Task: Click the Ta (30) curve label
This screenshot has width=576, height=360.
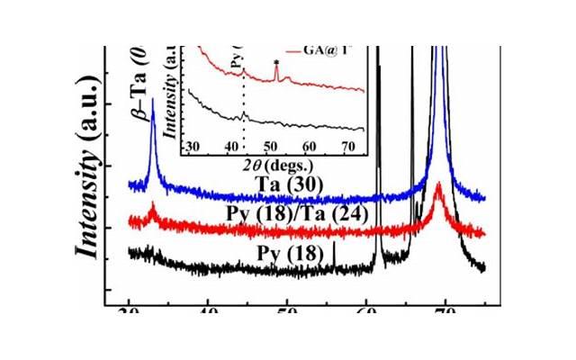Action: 285,184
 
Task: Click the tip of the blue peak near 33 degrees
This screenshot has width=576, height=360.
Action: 154,101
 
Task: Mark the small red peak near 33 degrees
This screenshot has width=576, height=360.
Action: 153,208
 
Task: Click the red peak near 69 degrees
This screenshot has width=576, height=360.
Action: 438,185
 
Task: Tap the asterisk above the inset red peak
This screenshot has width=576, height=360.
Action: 275,62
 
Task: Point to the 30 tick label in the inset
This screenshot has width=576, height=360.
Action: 190,147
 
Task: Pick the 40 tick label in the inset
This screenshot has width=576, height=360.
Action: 231,147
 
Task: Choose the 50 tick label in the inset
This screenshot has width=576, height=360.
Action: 271,147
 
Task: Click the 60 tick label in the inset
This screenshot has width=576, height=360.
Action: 310,147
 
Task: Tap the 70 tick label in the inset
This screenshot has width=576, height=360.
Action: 350,147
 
